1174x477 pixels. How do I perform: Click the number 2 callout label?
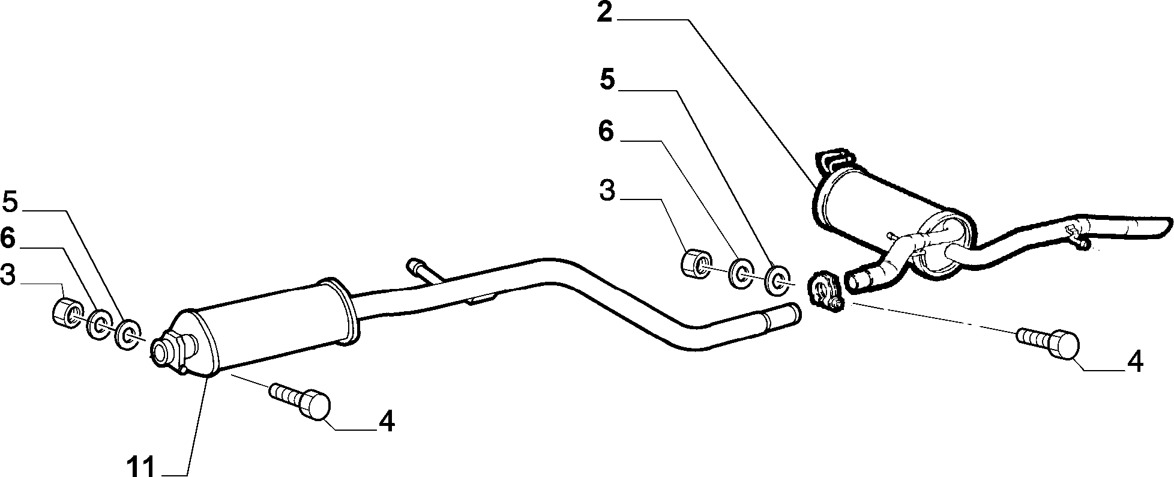(604, 13)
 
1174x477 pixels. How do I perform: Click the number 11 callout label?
(141, 466)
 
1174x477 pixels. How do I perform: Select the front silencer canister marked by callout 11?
(264, 327)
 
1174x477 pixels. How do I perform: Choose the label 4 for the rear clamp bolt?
(1135, 362)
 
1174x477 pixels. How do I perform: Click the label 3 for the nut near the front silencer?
(8, 276)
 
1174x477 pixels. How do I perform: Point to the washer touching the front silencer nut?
(99, 324)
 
